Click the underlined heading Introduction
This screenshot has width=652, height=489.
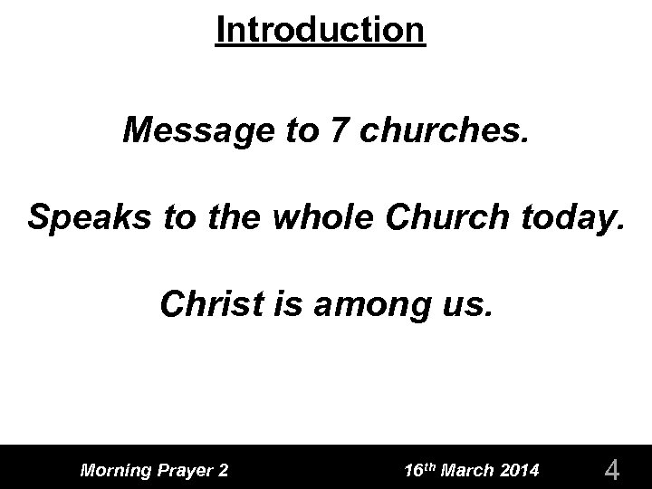(321, 30)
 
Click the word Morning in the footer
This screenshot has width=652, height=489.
(115, 470)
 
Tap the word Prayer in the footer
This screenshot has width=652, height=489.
(185, 470)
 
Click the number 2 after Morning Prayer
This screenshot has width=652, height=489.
(223, 469)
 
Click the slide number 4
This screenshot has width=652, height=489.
(612, 470)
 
